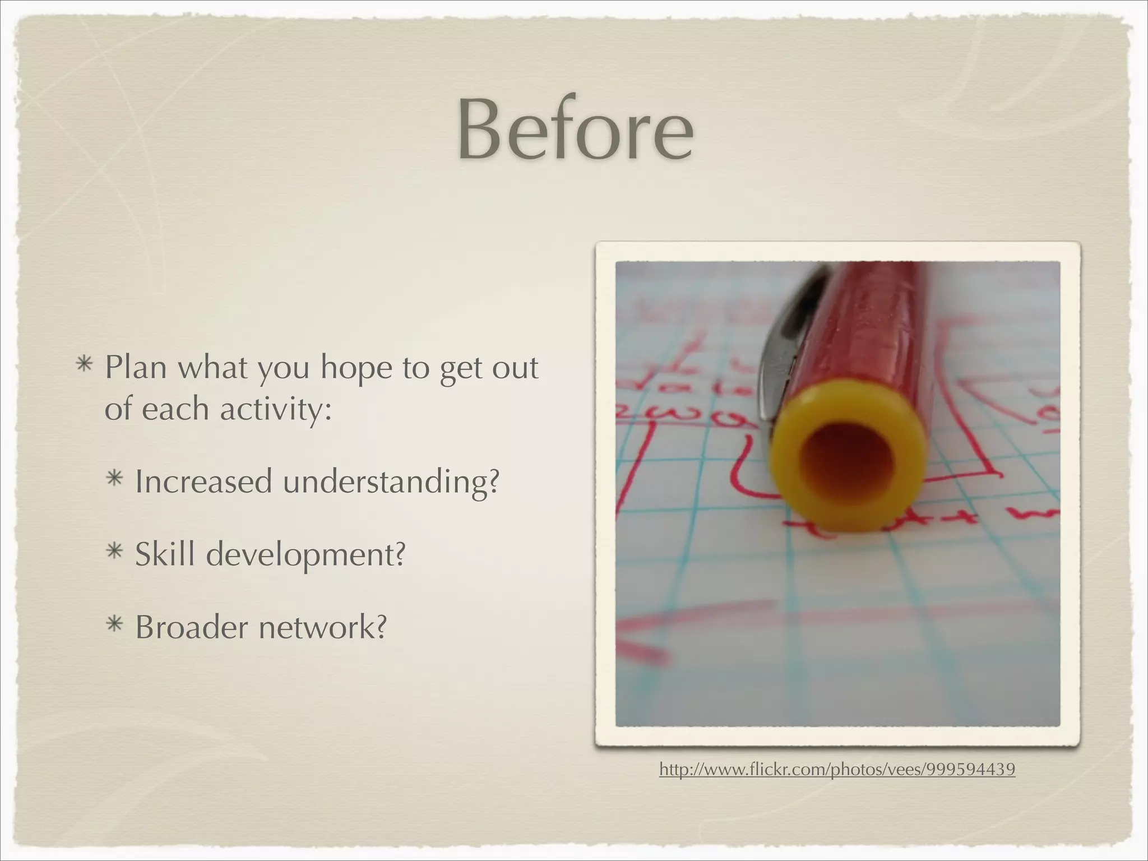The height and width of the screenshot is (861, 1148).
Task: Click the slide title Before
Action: tap(575, 130)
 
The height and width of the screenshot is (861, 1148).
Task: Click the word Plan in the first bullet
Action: tap(136, 368)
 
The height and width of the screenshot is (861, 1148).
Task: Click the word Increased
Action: tap(203, 481)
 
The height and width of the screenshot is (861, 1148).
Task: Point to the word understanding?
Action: tap(391, 482)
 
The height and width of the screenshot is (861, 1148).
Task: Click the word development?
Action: tap(305, 555)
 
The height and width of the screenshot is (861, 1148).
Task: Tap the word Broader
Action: tap(191, 627)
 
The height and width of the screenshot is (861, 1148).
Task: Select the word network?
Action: tap(322, 627)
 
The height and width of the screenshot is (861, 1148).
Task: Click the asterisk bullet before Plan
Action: tap(85, 365)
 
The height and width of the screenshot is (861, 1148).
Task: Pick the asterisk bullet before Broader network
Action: tap(115, 624)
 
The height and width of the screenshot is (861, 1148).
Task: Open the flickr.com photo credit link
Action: tap(837, 769)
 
